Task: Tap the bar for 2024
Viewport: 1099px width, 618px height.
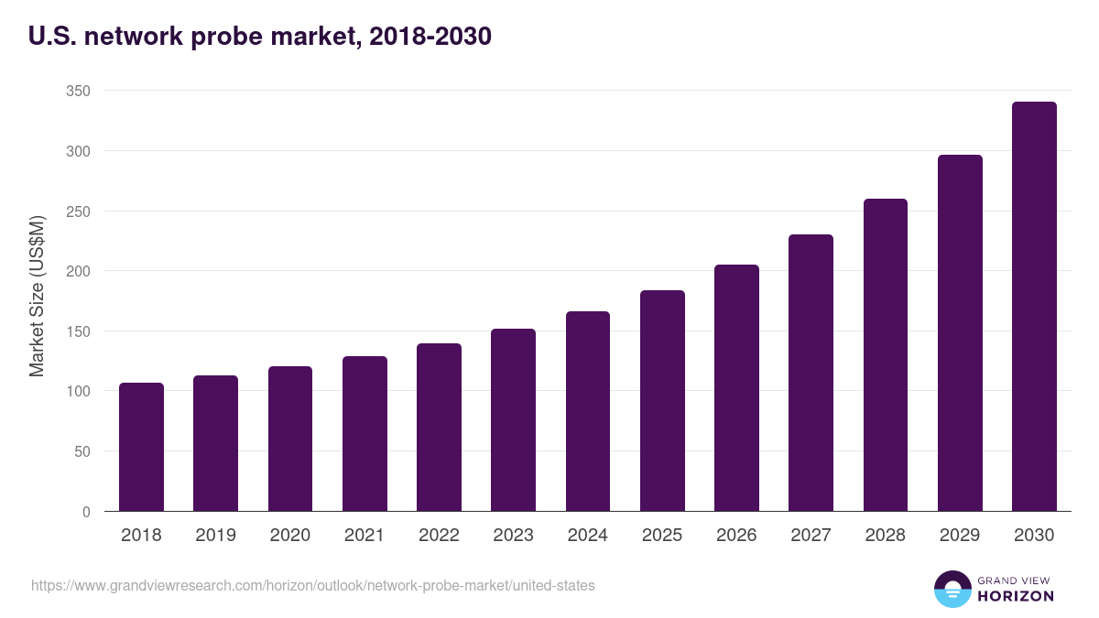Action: tap(588, 411)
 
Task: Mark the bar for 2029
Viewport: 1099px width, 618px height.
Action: tap(960, 333)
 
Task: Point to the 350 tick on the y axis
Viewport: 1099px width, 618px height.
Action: tap(78, 91)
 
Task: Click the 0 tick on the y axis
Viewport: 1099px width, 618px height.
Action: tap(86, 512)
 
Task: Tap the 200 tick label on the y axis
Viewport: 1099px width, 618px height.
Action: tap(78, 271)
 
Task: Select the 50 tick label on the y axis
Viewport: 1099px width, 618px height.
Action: tap(82, 451)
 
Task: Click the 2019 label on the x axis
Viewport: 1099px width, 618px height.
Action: tap(215, 536)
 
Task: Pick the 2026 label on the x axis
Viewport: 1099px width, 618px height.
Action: tap(736, 536)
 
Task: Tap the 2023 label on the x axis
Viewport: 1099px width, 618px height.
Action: tap(513, 536)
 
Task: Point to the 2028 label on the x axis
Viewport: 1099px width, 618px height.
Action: tap(885, 536)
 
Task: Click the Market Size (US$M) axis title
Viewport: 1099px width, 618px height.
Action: tap(37, 297)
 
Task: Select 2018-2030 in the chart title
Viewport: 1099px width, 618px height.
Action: tap(430, 37)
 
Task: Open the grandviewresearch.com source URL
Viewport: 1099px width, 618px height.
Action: tap(312, 585)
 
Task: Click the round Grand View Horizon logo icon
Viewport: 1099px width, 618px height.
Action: tap(952, 589)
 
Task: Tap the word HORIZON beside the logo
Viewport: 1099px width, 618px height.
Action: tap(1016, 596)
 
